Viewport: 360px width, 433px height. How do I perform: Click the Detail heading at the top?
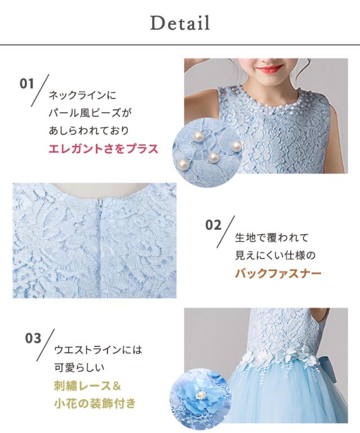point(180,23)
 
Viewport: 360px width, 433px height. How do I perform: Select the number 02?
point(214,225)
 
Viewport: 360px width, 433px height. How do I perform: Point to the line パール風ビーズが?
point(91,113)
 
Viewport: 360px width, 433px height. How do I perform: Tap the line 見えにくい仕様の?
point(276,256)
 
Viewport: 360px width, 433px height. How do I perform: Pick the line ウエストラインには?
point(98,350)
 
